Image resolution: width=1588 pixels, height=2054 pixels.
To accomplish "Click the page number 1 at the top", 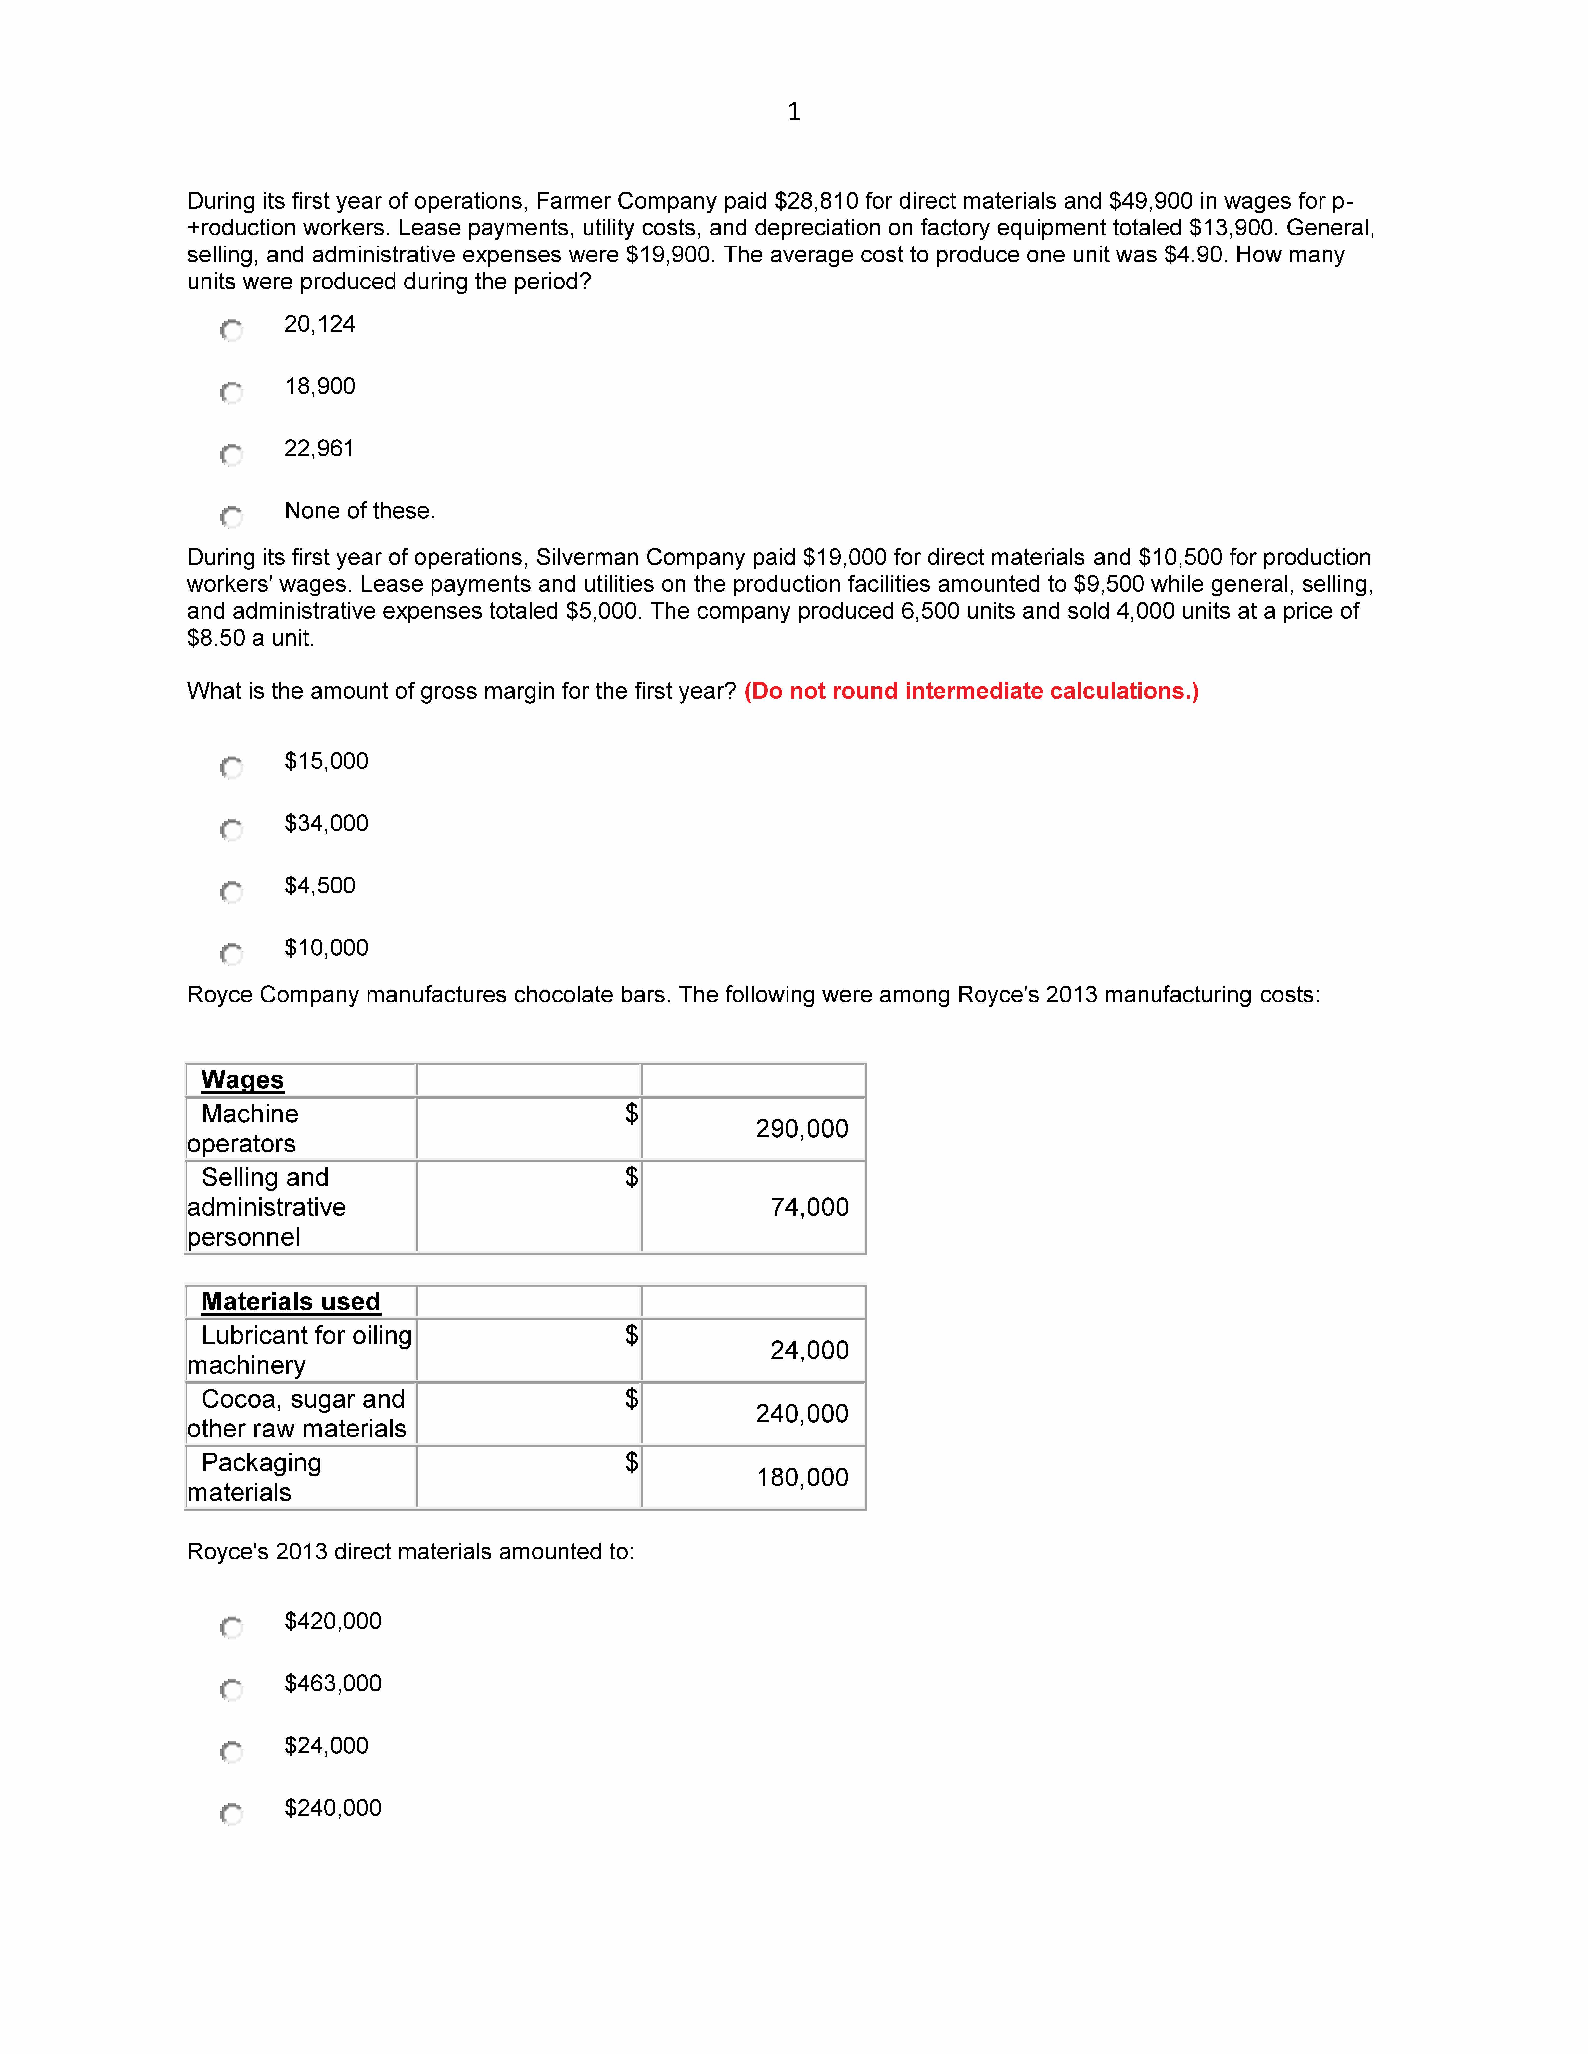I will (x=794, y=112).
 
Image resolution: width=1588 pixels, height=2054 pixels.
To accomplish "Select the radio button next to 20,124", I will (x=231, y=330).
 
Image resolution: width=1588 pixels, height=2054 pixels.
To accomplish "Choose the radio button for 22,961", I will (x=231, y=454).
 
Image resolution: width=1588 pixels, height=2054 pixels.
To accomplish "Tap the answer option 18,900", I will (x=320, y=386).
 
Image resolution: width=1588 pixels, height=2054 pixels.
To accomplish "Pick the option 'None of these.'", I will (x=359, y=511).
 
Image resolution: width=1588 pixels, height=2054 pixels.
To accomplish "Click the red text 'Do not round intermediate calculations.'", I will (x=971, y=691).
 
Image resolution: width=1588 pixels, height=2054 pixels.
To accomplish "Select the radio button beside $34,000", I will (x=231, y=829).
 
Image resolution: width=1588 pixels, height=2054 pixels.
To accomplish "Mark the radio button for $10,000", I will (x=231, y=954).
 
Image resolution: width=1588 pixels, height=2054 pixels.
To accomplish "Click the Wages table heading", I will (x=243, y=1080).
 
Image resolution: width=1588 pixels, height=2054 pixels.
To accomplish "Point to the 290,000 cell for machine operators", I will (x=801, y=1128).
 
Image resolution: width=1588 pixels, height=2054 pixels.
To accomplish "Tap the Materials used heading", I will (x=291, y=1302).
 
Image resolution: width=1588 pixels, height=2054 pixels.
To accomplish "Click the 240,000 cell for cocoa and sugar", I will (x=801, y=1413).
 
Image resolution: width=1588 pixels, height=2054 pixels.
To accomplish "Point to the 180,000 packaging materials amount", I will (x=801, y=1477).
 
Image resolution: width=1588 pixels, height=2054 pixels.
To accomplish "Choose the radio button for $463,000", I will (x=231, y=1689).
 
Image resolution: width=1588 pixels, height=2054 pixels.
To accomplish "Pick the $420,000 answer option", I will (x=333, y=1621).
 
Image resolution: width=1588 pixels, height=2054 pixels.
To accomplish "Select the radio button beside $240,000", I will (x=231, y=1813).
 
